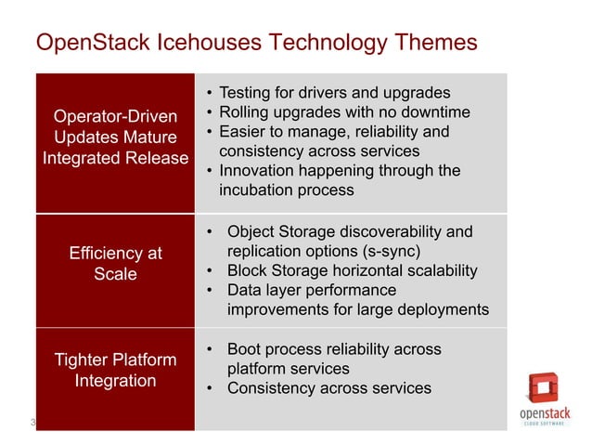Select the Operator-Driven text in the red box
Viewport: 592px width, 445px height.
pyautogui.click(x=115, y=117)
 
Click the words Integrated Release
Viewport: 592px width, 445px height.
pyautogui.click(x=115, y=158)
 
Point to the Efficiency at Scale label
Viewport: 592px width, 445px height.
pyautogui.click(x=115, y=264)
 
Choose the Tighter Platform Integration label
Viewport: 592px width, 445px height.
pyautogui.click(x=115, y=370)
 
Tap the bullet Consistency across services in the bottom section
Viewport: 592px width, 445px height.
pyautogui.click(x=329, y=388)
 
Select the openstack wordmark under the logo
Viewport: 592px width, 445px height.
pyautogui.click(x=545, y=413)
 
